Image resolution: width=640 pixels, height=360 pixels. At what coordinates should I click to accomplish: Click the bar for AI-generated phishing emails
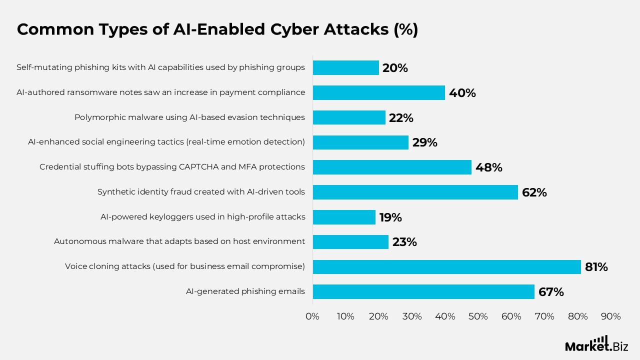tap(423, 291)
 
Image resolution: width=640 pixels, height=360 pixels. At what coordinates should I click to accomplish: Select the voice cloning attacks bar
tap(447, 267)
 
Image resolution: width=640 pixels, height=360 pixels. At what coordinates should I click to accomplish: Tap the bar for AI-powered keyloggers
tap(344, 217)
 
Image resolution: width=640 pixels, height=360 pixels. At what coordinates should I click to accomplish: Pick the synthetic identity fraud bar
tap(415, 192)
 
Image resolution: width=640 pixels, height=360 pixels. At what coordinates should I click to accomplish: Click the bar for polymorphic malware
tap(349, 117)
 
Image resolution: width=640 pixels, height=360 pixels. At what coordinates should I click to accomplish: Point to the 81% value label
tap(596, 267)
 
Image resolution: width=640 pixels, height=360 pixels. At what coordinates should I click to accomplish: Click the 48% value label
tap(489, 167)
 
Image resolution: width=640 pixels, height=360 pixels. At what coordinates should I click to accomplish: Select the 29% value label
tap(425, 142)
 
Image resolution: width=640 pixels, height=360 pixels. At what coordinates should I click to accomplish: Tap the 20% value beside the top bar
tap(395, 68)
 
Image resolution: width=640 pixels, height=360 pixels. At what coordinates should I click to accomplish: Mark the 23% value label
tap(404, 242)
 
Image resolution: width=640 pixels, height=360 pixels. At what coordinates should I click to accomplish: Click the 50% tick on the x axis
tap(478, 316)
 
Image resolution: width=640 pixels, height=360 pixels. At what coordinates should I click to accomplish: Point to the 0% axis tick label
tap(312, 316)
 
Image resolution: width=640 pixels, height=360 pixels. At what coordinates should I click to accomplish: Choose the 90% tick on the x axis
tap(611, 316)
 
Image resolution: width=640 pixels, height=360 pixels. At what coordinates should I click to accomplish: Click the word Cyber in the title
tap(294, 29)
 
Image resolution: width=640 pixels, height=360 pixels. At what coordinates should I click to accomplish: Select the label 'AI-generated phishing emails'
tap(245, 291)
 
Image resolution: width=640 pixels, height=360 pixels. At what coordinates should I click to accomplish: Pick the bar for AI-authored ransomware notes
tap(379, 92)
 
